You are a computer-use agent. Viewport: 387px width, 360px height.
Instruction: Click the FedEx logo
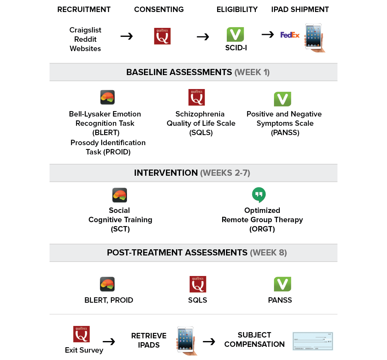click(290, 35)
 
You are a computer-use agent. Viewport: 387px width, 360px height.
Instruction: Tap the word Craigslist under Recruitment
click(85, 30)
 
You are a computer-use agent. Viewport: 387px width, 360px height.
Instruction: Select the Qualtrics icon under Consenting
click(162, 36)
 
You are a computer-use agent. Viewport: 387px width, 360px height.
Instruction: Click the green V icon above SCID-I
click(235, 35)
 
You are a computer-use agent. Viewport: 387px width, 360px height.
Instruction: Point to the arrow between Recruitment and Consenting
click(127, 36)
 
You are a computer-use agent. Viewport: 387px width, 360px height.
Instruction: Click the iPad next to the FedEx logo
click(314, 37)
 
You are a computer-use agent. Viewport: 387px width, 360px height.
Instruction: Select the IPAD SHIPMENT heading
click(300, 9)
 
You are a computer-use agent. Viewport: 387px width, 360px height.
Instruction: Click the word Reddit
click(85, 39)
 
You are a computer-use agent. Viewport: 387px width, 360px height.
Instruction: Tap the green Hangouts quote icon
click(259, 195)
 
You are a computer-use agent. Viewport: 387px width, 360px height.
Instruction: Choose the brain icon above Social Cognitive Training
click(120, 195)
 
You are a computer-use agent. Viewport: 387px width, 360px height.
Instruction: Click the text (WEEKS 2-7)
click(225, 173)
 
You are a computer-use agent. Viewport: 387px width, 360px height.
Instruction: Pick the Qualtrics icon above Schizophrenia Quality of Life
click(196, 98)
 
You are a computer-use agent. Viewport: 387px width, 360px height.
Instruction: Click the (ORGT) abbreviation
click(262, 229)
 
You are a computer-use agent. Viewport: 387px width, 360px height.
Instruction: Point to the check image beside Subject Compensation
click(313, 341)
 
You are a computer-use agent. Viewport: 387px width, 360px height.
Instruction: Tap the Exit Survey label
click(84, 350)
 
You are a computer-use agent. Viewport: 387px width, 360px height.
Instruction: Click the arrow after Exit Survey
click(109, 341)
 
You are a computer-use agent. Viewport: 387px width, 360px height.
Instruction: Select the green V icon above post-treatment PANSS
click(282, 284)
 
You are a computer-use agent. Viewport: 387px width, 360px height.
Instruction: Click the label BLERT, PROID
click(109, 300)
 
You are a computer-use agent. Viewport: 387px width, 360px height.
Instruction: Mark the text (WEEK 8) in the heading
click(269, 253)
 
